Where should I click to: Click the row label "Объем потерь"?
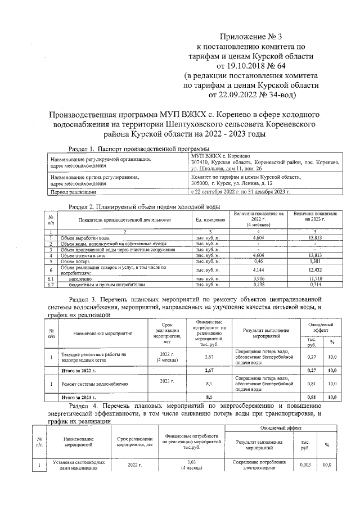point(76,262)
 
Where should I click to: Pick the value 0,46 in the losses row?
point(259,262)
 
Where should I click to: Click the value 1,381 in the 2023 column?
point(318,262)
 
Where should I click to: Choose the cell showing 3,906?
point(259,279)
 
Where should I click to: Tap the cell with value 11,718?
point(318,279)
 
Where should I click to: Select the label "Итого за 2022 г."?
point(78,371)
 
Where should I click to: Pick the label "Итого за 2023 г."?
point(78,397)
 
